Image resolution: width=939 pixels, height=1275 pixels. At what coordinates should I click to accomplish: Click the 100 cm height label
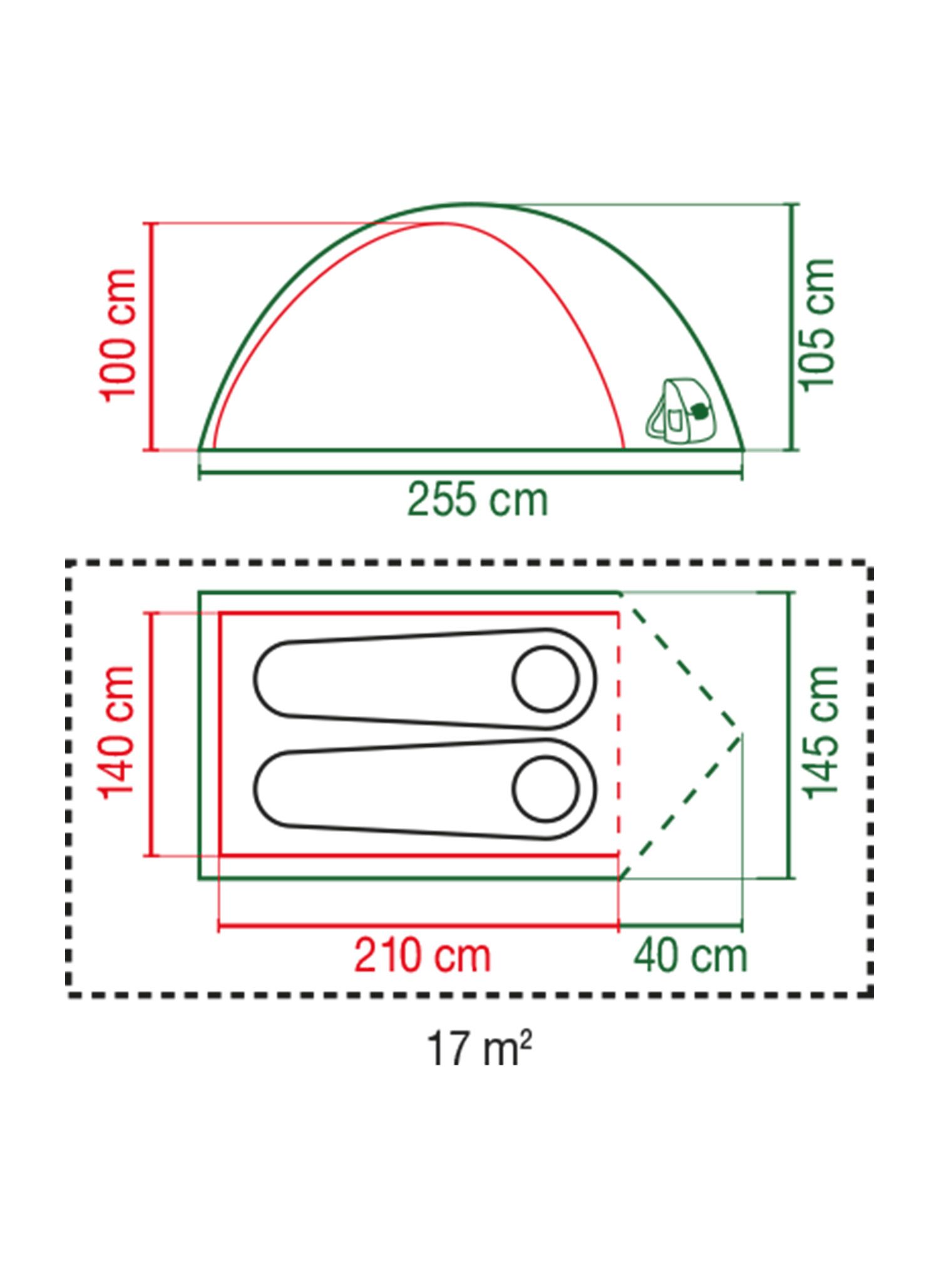coord(118,336)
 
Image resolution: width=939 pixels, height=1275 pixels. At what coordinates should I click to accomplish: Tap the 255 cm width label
coord(478,499)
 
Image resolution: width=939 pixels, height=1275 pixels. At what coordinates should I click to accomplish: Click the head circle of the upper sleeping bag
coord(545,678)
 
